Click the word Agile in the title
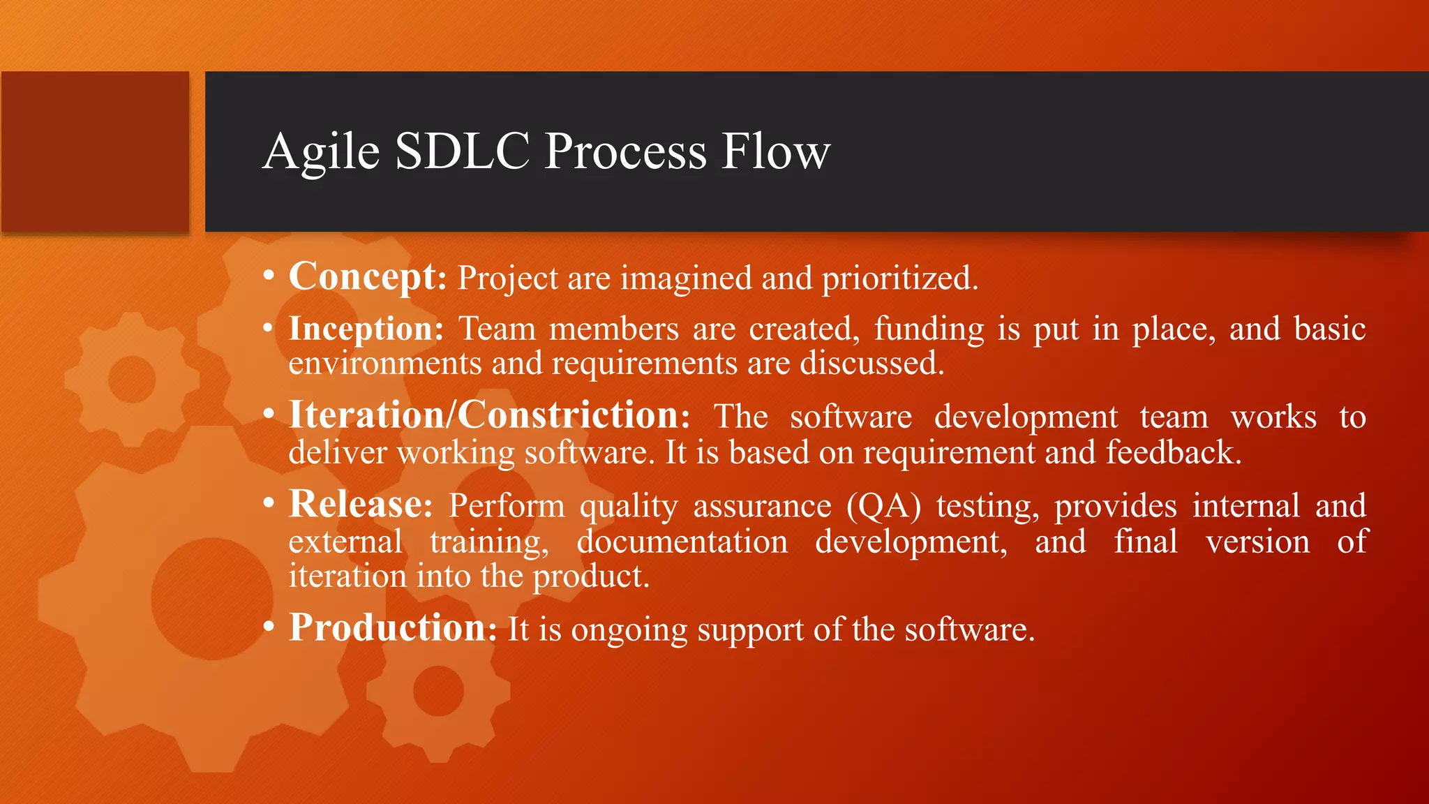(x=321, y=152)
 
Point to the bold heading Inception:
(x=366, y=329)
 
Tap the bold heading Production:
(x=393, y=627)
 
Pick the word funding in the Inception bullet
(x=929, y=329)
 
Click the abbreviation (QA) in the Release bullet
(x=883, y=506)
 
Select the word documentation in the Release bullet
(x=682, y=542)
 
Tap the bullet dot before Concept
(x=269, y=276)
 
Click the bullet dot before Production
(x=269, y=627)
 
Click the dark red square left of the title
(x=95, y=151)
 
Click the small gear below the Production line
(x=438, y=691)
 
